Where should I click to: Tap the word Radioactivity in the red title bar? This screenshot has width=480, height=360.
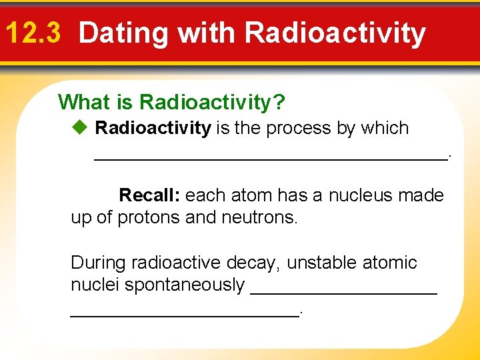point(335,33)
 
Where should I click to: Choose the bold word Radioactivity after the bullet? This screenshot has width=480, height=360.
point(153,128)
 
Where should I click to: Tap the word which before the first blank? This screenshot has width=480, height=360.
point(383,128)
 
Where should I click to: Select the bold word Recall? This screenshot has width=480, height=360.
point(149,195)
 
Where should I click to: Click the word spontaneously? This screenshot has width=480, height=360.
point(185,285)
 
